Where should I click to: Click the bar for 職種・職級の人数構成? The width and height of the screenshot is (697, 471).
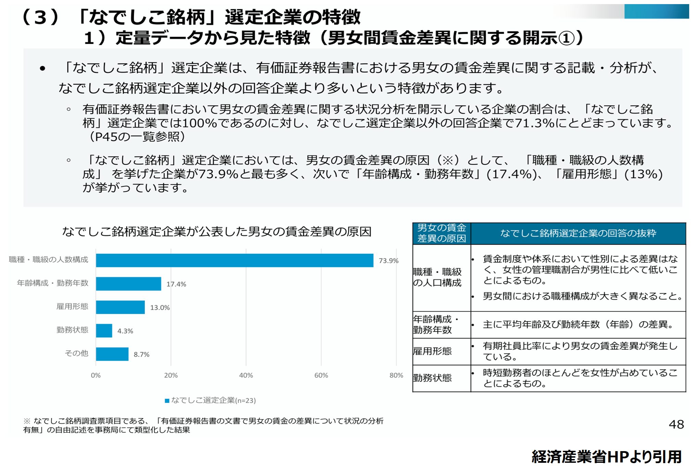click(234, 260)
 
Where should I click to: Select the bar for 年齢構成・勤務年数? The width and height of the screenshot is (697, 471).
click(128, 284)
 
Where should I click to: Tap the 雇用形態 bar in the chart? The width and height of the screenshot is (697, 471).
click(120, 307)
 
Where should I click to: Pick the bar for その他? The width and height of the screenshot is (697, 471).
click(112, 354)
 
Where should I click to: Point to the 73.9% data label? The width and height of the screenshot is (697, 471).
click(388, 261)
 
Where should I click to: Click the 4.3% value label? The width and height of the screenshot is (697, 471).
click(125, 331)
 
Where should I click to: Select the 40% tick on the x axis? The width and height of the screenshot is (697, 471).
click(246, 375)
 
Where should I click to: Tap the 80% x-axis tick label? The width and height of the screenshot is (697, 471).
click(396, 375)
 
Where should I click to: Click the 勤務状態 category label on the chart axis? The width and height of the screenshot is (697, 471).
click(72, 330)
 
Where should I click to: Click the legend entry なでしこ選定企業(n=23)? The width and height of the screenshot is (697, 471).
click(210, 400)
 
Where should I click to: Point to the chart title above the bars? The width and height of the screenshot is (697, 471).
click(216, 232)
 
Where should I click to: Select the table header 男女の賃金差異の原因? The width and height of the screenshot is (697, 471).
click(441, 233)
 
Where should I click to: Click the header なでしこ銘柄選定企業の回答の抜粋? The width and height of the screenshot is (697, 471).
click(578, 233)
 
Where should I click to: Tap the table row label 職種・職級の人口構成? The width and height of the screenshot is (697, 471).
click(437, 277)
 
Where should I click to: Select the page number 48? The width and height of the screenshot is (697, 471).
click(676, 425)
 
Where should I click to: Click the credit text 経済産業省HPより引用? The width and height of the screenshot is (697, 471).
click(606, 457)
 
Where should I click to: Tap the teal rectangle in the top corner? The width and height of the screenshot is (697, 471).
click(656, 11)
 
